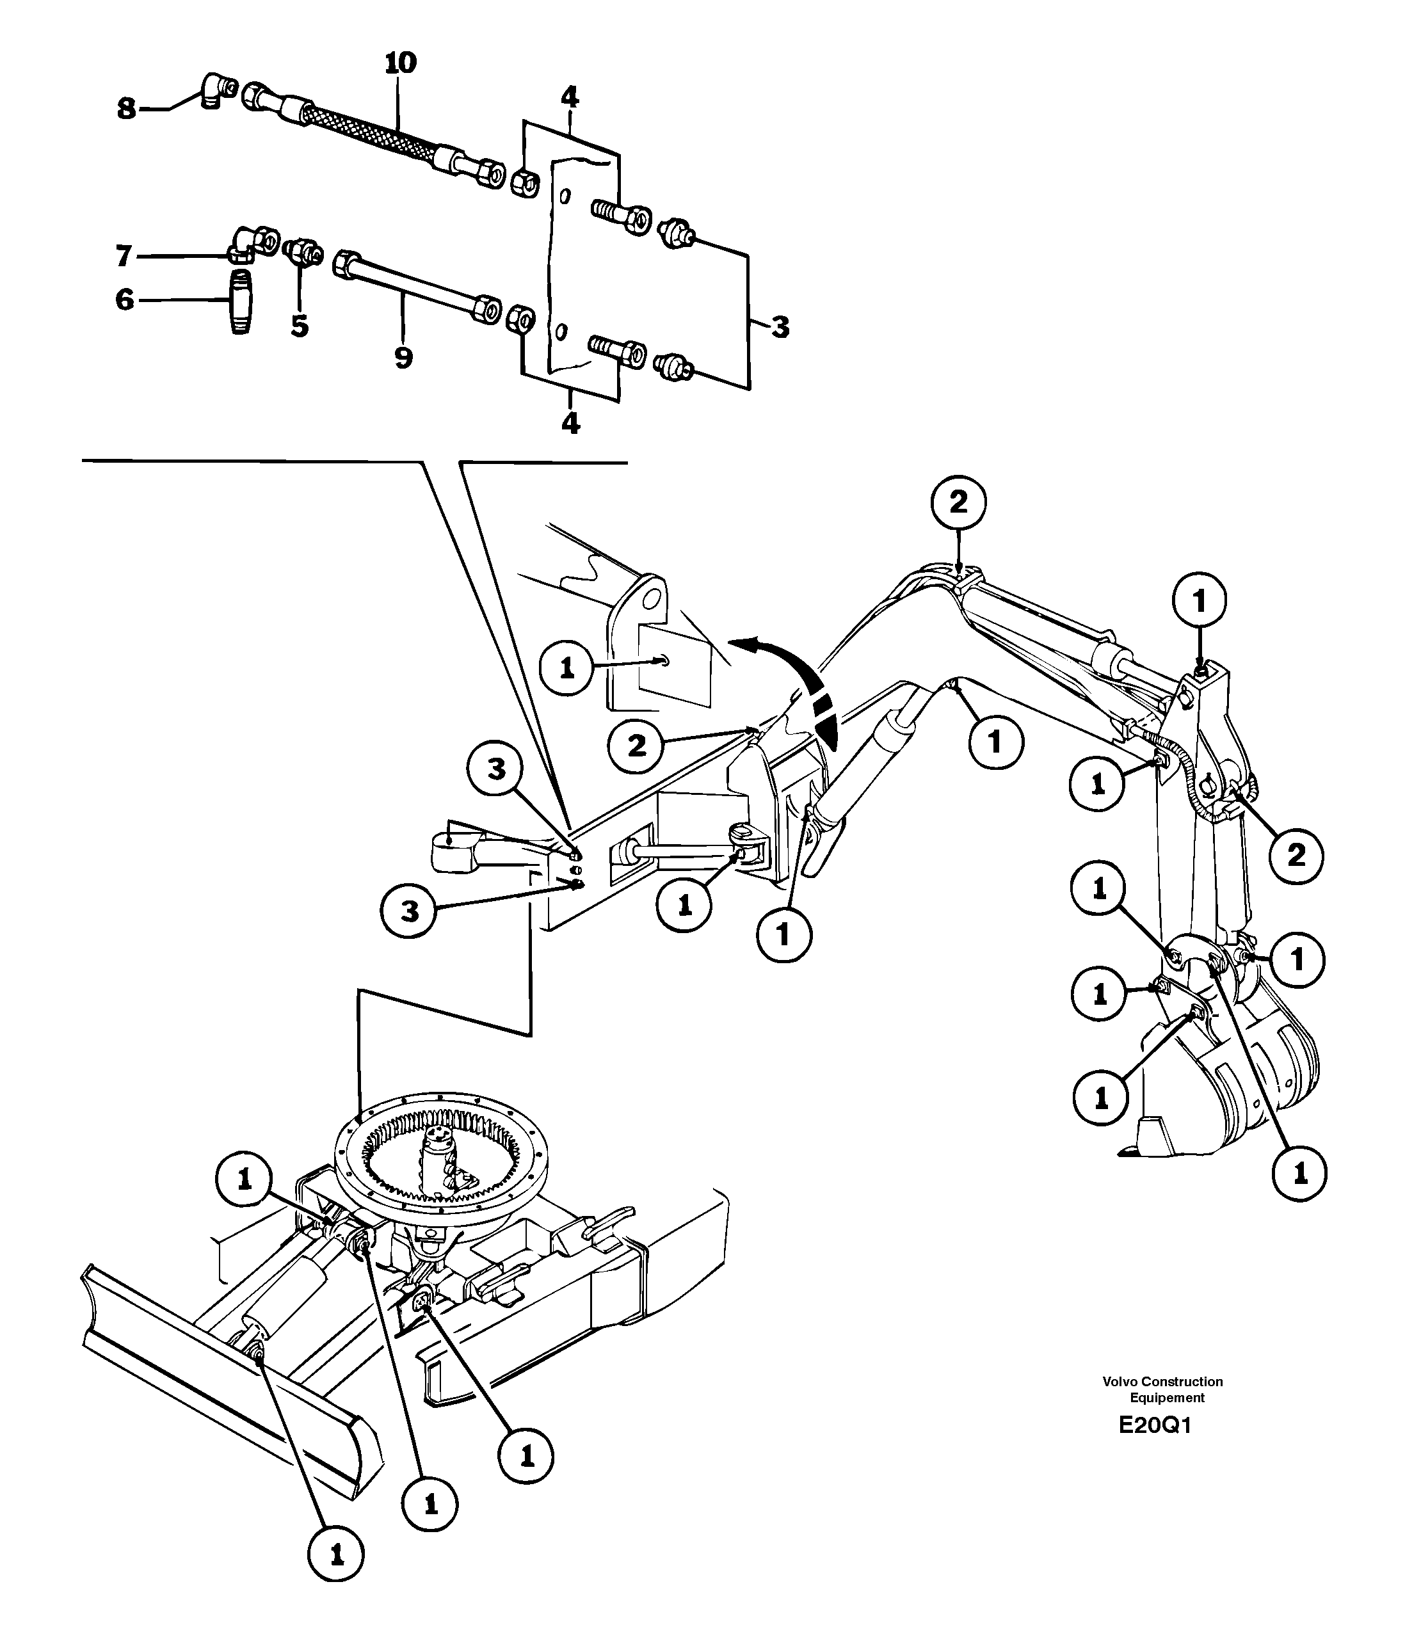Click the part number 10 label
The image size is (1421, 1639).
(x=401, y=63)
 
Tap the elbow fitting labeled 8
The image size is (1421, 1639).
(x=214, y=89)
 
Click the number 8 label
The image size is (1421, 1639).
(x=126, y=109)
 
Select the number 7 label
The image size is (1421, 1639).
(x=123, y=256)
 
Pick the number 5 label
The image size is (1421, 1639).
(x=299, y=325)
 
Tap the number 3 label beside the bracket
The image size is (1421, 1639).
(x=780, y=326)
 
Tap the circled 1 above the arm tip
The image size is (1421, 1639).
(x=1199, y=602)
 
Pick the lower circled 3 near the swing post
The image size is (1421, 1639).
(x=409, y=911)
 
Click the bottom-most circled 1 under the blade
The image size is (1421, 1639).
(x=336, y=1556)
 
